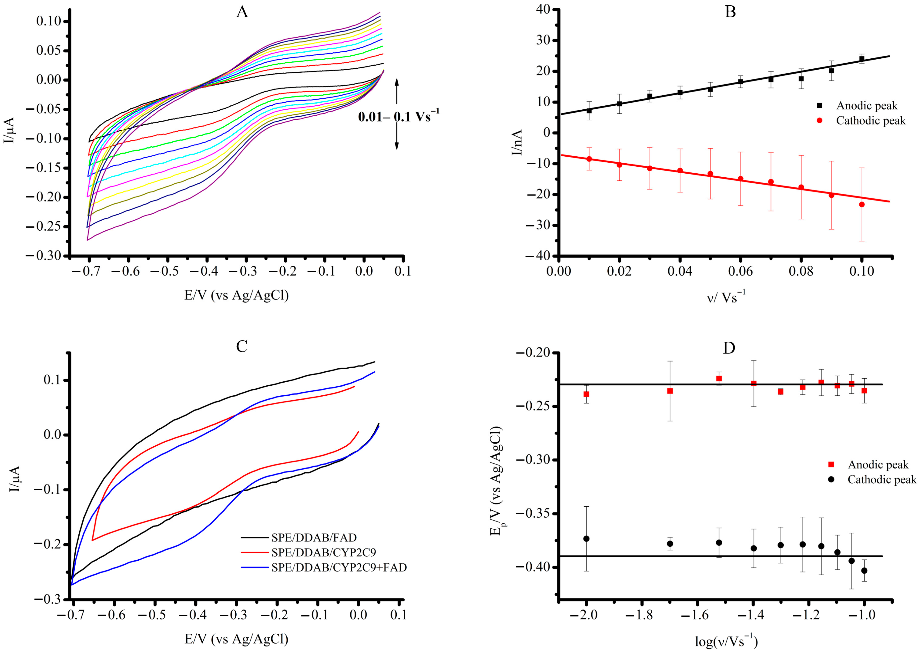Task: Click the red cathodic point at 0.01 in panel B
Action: click(x=589, y=159)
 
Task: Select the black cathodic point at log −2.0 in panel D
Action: click(x=586, y=539)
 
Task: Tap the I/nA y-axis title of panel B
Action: click(x=517, y=142)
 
